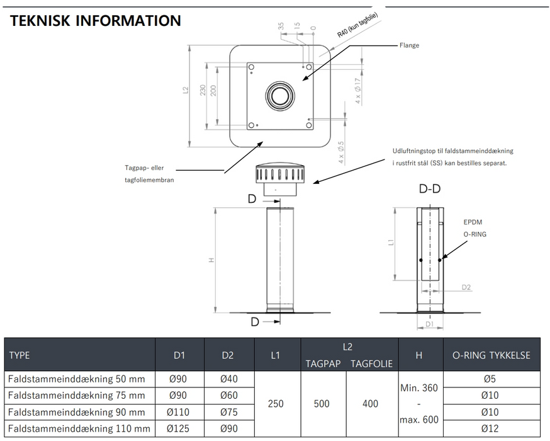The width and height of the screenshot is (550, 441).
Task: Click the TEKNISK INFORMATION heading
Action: coord(96,20)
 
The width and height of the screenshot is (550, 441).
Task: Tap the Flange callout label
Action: coord(409,45)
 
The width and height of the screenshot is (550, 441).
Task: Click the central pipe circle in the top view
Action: coord(278,96)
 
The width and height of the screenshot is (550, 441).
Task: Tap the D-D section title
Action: coord(430,188)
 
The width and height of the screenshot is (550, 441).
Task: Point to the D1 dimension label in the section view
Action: coord(430,324)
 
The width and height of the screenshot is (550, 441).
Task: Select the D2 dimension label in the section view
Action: coord(466,287)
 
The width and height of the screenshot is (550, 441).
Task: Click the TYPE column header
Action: coord(20,355)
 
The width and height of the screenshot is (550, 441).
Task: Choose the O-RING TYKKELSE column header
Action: coord(492,355)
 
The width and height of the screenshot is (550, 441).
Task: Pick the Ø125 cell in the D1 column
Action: coord(180,428)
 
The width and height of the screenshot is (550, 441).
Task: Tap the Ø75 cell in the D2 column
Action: coord(228,412)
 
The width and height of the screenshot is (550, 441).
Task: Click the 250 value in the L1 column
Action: coord(276,403)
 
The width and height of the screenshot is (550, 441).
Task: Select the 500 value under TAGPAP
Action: coord(322,403)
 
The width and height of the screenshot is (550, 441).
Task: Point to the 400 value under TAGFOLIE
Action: coord(370,403)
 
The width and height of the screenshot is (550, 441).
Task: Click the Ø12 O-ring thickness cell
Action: coord(492,428)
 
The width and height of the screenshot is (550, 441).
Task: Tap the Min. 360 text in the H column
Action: coord(419,387)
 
